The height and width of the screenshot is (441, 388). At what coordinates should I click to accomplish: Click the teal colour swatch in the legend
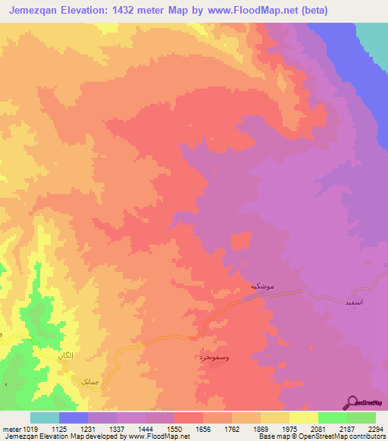click(45, 418)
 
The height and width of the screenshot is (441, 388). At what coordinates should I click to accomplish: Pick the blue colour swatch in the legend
click(74, 418)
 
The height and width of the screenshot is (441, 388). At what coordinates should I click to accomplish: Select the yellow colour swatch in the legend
click(304, 418)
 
